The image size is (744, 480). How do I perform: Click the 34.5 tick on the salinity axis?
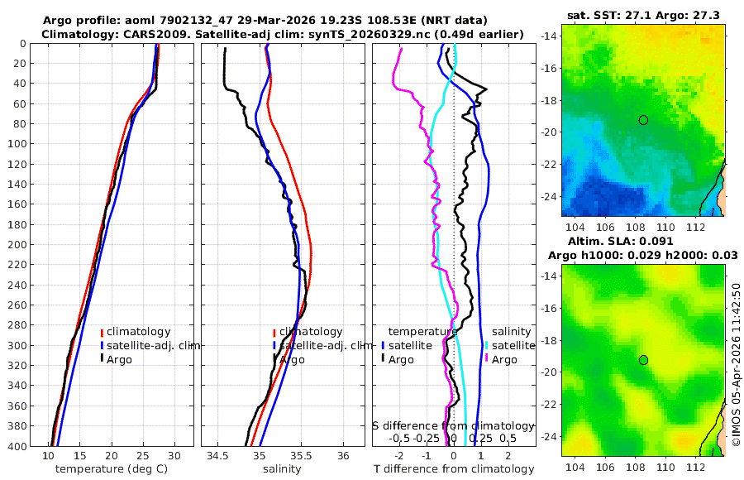[x=217, y=456]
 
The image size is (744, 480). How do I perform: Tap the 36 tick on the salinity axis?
[x=344, y=456]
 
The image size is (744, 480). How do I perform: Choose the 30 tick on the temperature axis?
[x=174, y=456]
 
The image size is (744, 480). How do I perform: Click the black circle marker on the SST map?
[x=643, y=120]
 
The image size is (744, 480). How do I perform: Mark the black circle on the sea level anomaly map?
[x=643, y=360]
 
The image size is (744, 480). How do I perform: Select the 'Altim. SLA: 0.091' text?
[x=643, y=241]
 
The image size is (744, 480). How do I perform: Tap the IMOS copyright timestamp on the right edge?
[x=736, y=364]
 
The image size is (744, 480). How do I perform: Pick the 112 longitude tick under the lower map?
[x=697, y=468]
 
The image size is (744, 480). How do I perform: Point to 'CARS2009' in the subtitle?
[x=143, y=34]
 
